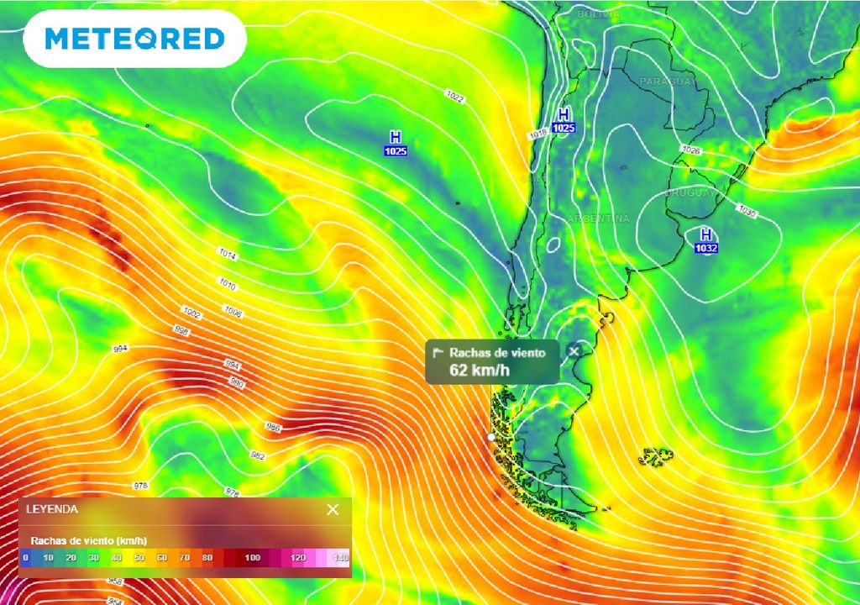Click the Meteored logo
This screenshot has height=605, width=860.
tap(134, 39)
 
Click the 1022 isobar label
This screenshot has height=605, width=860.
tap(456, 98)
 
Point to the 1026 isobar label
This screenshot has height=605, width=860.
tap(690, 150)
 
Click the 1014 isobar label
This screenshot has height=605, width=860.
tap(227, 252)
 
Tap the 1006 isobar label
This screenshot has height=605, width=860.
tap(233, 312)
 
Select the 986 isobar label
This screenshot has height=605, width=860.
tap(273, 428)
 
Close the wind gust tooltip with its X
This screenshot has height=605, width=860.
tap(574, 351)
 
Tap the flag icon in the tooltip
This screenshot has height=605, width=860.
tap(438, 353)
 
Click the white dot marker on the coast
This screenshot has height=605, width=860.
tap(491, 437)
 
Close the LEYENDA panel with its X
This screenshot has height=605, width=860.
tap(333, 509)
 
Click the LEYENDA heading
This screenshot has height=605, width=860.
tap(52, 509)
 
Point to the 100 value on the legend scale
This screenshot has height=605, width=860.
tap(252, 557)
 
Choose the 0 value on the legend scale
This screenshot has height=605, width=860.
tap(26, 557)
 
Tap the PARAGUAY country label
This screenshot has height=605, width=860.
tap(668, 82)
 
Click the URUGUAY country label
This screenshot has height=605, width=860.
tap(691, 193)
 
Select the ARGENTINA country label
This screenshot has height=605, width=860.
tap(599, 218)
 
